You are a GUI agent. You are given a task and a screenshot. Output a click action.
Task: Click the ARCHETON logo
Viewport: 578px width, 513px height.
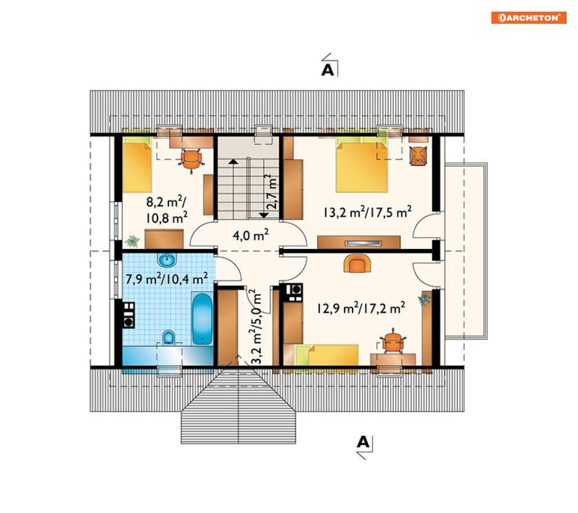click(528, 17)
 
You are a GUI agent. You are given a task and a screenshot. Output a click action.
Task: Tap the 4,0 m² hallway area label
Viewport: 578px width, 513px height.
click(251, 235)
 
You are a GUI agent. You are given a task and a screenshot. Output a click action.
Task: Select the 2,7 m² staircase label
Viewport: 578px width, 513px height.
click(272, 192)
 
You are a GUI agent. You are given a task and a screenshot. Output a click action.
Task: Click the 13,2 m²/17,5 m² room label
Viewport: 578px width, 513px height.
click(368, 212)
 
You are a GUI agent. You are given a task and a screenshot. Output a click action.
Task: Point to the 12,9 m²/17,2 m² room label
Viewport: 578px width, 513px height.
click(361, 308)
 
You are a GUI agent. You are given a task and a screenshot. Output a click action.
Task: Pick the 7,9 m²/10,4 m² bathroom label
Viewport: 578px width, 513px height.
click(167, 279)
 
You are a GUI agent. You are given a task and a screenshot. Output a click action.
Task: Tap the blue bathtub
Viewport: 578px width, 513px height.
click(202, 319)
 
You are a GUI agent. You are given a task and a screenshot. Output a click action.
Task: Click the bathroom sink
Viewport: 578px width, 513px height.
click(167, 259)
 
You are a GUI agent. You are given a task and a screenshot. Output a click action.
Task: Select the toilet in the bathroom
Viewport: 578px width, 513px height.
click(169, 338)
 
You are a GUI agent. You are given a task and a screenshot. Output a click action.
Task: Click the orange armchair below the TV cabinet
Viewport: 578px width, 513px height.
click(357, 263)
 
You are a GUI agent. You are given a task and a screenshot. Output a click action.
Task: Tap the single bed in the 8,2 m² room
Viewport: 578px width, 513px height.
click(137, 165)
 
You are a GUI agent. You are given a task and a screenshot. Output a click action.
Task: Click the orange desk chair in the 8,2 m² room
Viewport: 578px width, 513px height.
click(191, 160)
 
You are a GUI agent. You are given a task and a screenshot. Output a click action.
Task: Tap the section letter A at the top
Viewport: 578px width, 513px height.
click(327, 70)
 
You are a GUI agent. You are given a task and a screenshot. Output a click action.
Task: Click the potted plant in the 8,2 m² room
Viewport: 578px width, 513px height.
click(132, 241)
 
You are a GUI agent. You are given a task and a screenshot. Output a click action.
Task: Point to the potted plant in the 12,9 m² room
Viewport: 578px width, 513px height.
click(425, 299)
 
